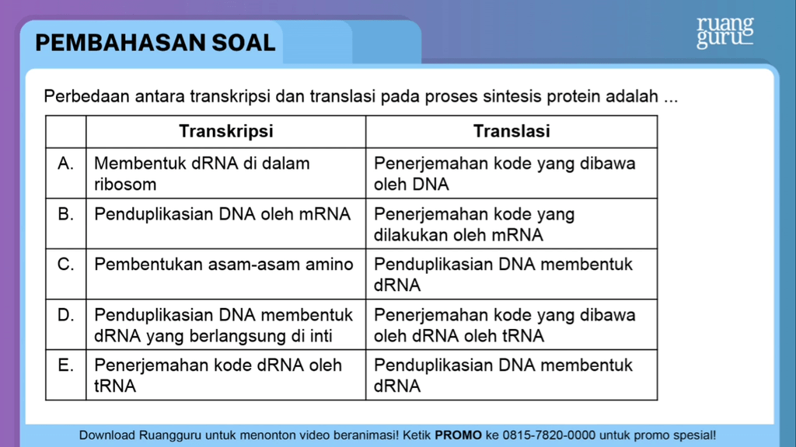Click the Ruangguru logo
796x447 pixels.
tap(724, 32)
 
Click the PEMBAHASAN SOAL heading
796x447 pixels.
tap(155, 43)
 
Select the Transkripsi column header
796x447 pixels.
tap(225, 131)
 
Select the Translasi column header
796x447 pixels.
tap(511, 131)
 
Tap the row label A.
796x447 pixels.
tap(66, 164)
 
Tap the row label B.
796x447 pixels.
tap(66, 214)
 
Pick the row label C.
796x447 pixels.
tap(66, 265)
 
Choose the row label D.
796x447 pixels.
tap(66, 315)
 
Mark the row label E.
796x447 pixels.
tap(66, 366)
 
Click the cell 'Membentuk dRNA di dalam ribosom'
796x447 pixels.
tap(202, 174)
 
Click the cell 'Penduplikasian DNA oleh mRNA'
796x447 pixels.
tap(222, 214)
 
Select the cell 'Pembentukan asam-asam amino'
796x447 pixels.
tap(224, 265)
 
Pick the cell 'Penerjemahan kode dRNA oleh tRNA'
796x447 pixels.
tap(218, 375)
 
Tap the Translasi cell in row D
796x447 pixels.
tap(504, 325)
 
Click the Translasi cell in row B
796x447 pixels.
tap(474, 224)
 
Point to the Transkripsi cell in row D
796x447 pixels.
tap(224, 325)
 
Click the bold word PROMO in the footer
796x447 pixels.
tap(458, 435)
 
